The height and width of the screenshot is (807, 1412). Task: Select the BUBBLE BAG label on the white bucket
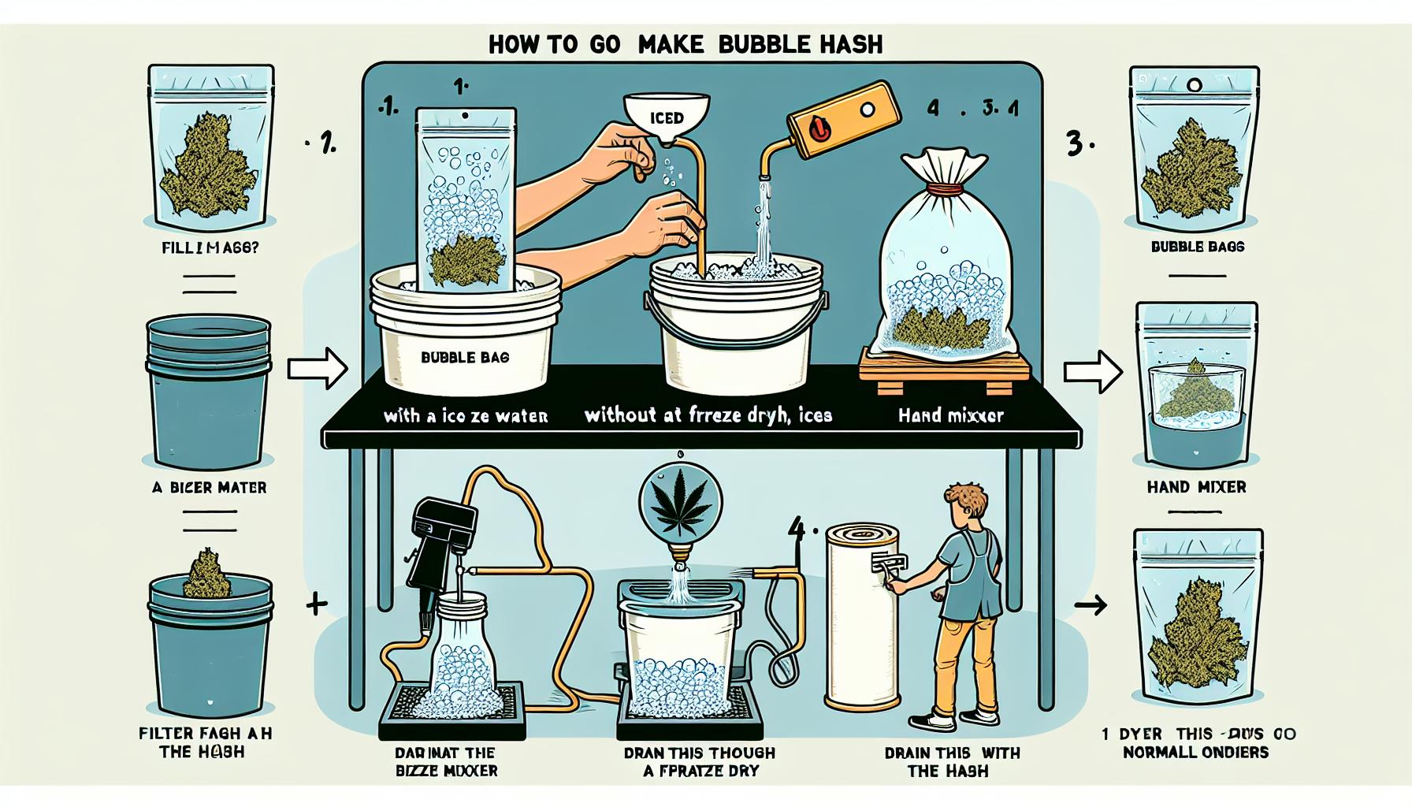point(464,357)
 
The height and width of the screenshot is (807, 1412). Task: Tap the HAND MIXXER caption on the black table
point(951,415)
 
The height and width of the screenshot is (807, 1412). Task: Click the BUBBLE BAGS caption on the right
point(1197,247)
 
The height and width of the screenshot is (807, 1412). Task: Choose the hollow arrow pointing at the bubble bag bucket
point(317,368)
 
